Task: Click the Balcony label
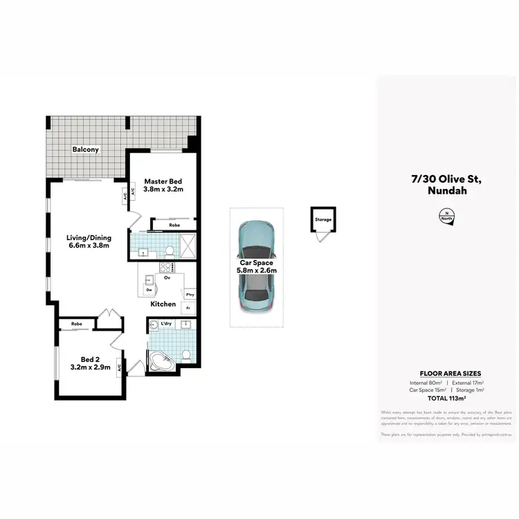(86, 149)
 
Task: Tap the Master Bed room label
(163, 185)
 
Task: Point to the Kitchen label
(163, 304)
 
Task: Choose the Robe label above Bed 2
(76, 323)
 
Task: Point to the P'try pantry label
(189, 295)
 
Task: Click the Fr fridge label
(188, 307)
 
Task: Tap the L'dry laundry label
(166, 324)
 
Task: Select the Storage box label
(323, 220)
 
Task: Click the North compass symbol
(446, 217)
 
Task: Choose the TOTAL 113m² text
(446, 398)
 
